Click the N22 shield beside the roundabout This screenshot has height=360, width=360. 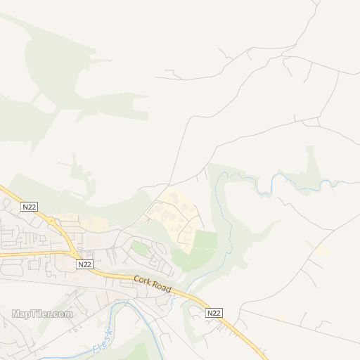click(29, 207)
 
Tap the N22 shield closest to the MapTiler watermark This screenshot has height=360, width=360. click(84, 264)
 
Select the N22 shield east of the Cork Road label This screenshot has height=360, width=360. click(214, 312)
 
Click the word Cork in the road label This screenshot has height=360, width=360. click(143, 281)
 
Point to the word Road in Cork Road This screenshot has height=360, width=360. click(161, 288)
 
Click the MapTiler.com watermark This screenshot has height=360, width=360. click(42, 314)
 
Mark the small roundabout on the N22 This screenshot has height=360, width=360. click(51, 221)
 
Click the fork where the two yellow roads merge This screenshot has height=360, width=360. click(75, 254)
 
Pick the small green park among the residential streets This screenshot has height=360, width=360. click(140, 247)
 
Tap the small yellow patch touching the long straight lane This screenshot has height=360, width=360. click(281, 319)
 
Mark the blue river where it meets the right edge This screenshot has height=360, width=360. click(356, 182)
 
